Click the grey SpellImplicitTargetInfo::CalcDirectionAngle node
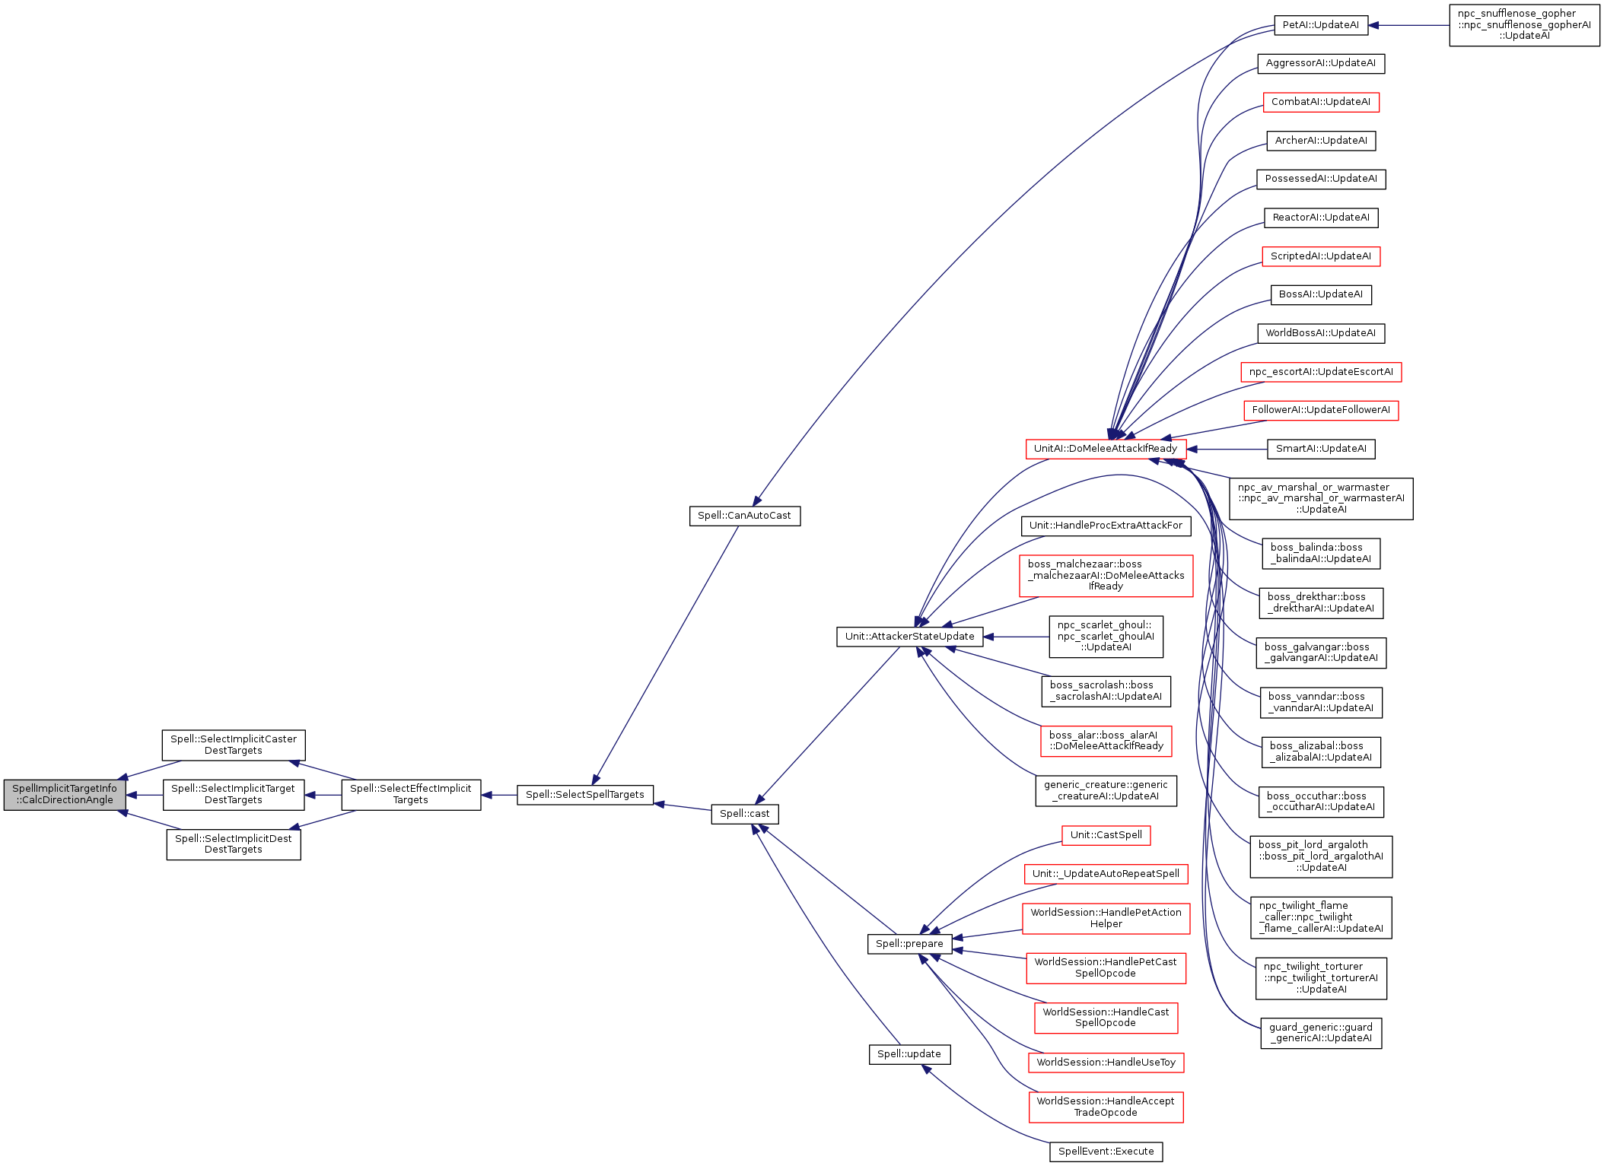[x=65, y=795]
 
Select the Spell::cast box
[x=744, y=814]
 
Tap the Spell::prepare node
[x=909, y=944]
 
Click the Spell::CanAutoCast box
[x=744, y=516]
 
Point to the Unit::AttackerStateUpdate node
[x=909, y=637]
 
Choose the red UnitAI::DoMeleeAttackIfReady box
[x=1105, y=449]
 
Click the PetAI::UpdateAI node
[x=1320, y=25]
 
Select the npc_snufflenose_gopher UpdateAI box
[x=1524, y=25]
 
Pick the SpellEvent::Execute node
[x=1106, y=1152]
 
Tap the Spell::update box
[x=909, y=1054]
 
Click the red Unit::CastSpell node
[x=1106, y=835]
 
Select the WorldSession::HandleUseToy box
[x=1106, y=1063]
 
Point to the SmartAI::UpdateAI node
[x=1320, y=449]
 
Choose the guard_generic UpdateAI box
[x=1321, y=1033]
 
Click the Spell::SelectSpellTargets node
[x=584, y=795]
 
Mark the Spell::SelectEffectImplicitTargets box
[x=411, y=795]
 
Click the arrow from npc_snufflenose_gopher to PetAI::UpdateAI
[x=1408, y=25]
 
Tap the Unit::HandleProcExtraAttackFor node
[x=1106, y=526]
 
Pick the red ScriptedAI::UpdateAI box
[x=1320, y=256]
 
